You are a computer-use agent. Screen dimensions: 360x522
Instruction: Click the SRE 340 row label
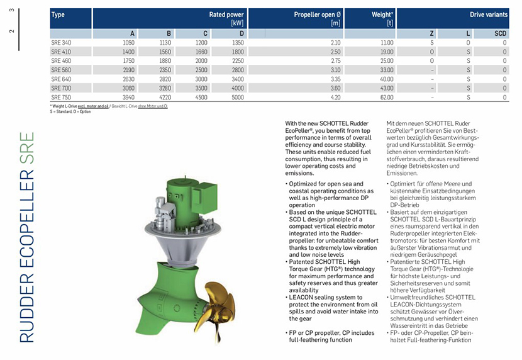point(61,42)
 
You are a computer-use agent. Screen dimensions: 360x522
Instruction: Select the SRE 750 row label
point(61,98)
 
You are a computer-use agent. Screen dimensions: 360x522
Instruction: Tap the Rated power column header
point(226,14)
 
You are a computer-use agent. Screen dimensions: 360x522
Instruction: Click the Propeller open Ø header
point(317,14)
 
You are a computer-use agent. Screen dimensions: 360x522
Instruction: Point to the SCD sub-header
point(500,33)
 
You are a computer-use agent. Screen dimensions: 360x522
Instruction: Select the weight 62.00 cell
point(386,98)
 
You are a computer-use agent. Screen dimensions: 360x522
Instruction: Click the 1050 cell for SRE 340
point(128,42)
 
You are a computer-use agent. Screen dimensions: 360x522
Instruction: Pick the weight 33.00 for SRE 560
point(386,70)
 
